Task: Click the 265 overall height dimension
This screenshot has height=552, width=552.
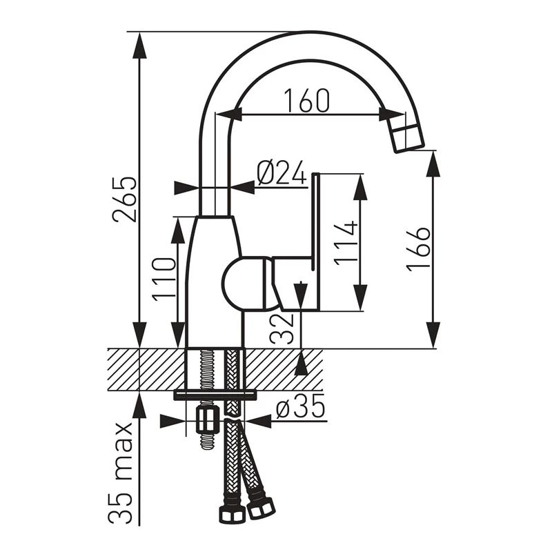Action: tap(124, 199)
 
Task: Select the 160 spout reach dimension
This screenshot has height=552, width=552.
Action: tap(307, 101)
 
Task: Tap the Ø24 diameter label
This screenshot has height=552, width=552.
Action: tap(282, 174)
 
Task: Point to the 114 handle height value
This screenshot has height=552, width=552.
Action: tap(346, 244)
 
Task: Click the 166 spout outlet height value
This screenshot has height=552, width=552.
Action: tap(419, 249)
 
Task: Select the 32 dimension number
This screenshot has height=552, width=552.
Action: tap(282, 328)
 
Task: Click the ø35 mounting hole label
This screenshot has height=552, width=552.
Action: tap(300, 406)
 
